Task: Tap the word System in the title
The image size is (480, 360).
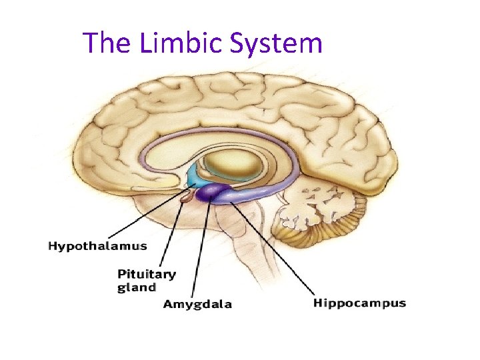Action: point(276,44)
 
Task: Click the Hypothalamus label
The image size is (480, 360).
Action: point(97,246)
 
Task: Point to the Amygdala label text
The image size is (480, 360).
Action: point(198,305)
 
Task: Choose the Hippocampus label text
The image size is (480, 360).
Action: point(359,303)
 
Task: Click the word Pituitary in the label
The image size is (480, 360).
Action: point(147,274)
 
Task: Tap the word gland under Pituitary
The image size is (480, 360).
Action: point(137,288)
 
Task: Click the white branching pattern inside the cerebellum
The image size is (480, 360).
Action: point(313,207)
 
